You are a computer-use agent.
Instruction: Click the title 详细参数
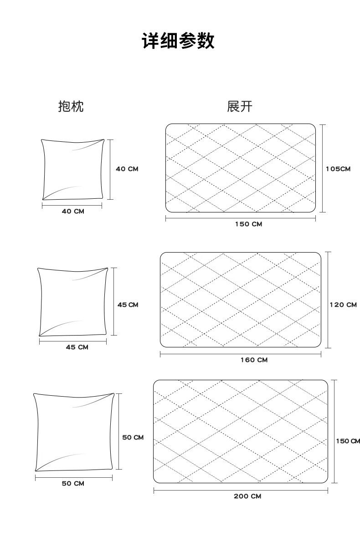[178, 41]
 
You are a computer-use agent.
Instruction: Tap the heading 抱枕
[71, 107]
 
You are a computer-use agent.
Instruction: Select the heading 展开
[239, 107]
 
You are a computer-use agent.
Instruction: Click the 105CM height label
[338, 169]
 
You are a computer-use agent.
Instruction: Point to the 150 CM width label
[248, 224]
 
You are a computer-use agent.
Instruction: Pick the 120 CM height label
[343, 305]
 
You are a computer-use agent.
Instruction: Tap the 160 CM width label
[254, 360]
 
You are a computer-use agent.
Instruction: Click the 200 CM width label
[247, 496]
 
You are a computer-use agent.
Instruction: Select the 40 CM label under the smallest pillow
[73, 212]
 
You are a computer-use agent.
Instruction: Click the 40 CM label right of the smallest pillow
[127, 169]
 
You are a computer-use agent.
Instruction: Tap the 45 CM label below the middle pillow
[77, 347]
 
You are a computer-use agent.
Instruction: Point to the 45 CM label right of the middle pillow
[128, 305]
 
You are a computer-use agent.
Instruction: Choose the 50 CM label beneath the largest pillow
[73, 483]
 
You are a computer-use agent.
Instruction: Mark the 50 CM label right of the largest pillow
[133, 438]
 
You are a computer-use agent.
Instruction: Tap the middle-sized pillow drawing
[73, 302]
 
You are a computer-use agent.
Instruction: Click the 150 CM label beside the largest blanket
[348, 441]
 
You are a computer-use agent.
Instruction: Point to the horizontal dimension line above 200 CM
[241, 491]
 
